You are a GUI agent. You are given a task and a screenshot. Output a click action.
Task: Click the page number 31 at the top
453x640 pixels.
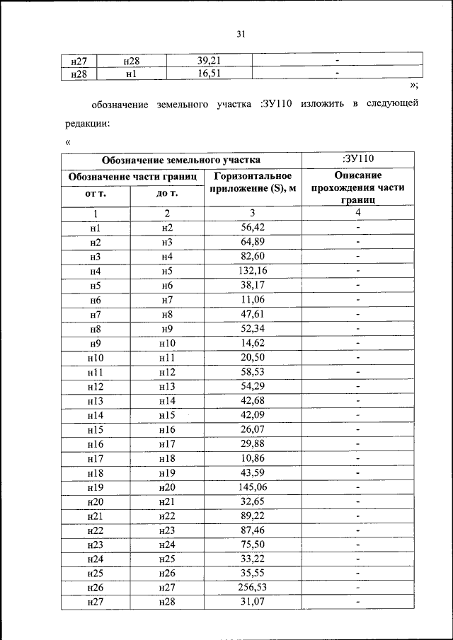click(240, 33)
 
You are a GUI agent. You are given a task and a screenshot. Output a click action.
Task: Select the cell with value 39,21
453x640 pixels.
click(209, 60)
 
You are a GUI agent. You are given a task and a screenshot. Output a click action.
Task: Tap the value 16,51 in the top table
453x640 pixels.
click(209, 73)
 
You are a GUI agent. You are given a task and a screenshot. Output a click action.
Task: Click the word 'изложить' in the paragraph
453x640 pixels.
click(322, 104)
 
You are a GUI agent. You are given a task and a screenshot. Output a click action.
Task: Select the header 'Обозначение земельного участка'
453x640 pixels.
click(180, 160)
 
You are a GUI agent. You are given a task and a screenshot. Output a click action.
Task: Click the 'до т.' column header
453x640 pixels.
click(167, 193)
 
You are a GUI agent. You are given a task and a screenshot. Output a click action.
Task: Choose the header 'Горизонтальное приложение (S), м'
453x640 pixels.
click(253, 182)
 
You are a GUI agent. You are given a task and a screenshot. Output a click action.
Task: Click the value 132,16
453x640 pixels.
click(253, 271)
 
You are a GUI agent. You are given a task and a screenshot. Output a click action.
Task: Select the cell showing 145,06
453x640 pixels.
click(253, 487)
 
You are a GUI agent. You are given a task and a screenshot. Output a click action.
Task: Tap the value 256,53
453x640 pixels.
click(253, 588)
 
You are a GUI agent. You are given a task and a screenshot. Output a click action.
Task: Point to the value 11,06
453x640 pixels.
click(253, 300)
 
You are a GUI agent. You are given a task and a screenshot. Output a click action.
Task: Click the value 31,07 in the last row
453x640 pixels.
click(253, 602)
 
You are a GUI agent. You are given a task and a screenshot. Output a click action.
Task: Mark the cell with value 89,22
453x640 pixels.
click(253, 516)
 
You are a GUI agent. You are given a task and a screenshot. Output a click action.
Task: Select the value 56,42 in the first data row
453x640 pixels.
click(253, 228)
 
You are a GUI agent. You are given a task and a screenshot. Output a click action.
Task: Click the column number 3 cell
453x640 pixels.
click(253, 213)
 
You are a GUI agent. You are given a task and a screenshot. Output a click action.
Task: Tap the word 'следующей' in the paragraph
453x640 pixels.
click(393, 104)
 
